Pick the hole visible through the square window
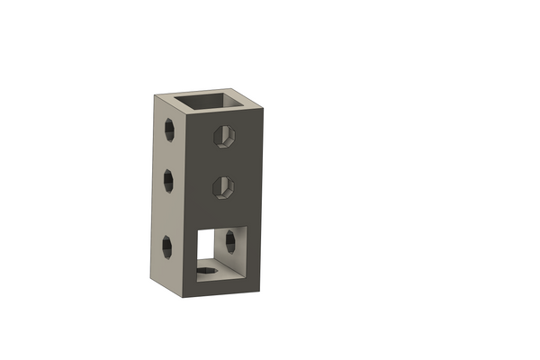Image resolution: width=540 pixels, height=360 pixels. tap(231, 240)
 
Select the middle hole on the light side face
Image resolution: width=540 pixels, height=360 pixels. tap(167, 181)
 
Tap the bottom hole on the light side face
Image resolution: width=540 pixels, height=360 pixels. tap(167, 245)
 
